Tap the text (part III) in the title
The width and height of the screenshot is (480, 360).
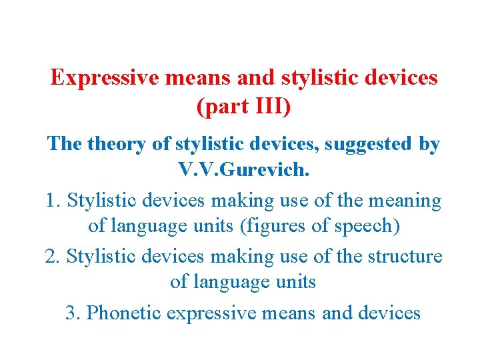(x=244, y=107)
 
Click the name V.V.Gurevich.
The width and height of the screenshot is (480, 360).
(x=244, y=170)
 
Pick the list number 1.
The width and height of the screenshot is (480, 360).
(x=53, y=200)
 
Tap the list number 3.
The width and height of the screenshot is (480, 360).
(x=72, y=312)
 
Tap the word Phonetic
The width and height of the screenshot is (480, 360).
(x=124, y=312)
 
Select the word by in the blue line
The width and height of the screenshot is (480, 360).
(x=429, y=144)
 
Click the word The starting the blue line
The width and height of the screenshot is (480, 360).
(x=65, y=144)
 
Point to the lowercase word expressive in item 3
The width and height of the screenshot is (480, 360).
(x=213, y=312)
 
